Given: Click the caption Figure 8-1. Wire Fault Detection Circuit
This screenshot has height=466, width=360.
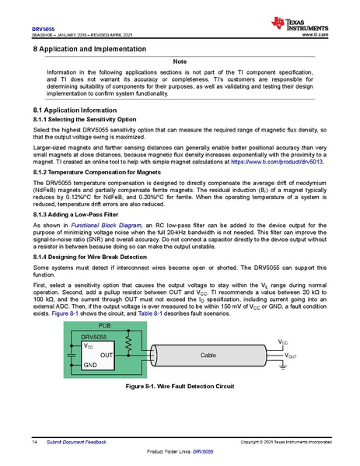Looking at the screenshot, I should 180,387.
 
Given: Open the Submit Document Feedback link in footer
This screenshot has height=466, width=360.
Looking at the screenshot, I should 75,442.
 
